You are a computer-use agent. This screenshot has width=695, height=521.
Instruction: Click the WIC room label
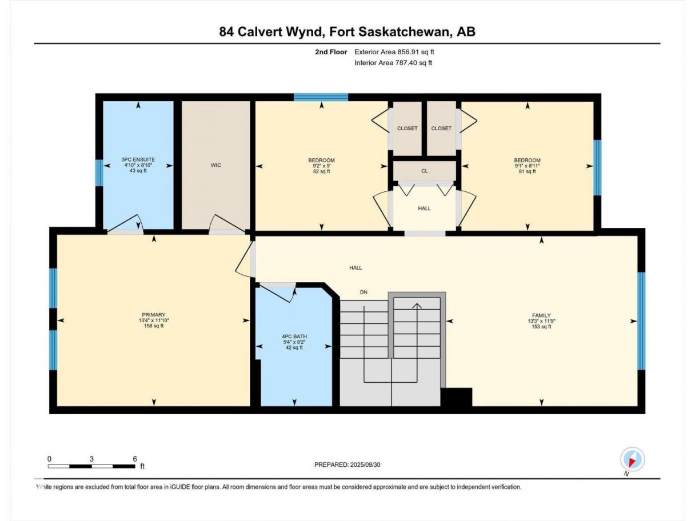point(215,165)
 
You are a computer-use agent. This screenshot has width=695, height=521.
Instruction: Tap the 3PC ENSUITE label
point(138,160)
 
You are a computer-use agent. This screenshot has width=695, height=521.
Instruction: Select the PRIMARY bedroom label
point(154,315)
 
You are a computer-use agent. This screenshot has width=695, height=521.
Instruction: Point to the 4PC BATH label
point(294,336)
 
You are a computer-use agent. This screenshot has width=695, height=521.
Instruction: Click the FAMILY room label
point(541,315)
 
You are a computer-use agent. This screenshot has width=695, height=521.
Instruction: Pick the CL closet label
point(424,171)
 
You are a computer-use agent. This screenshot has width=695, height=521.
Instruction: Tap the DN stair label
point(364,292)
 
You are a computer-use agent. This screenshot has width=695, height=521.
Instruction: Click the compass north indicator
point(632,459)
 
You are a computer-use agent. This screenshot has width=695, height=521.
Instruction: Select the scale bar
point(91,466)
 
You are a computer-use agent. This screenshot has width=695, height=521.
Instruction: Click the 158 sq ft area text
point(154,326)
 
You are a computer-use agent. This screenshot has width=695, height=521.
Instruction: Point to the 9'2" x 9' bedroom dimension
point(321,166)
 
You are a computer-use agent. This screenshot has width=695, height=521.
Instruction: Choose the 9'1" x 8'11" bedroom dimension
point(527,166)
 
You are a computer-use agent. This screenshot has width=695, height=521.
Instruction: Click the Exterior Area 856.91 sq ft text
point(394,52)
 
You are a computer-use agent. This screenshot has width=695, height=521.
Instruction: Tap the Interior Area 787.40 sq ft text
point(393,63)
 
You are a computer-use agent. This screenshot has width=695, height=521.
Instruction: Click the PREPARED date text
point(347,464)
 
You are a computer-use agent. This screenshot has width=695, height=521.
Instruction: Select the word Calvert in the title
point(259,31)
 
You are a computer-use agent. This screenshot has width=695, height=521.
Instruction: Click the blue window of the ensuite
point(99,173)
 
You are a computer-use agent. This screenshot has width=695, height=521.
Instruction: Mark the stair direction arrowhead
point(417,306)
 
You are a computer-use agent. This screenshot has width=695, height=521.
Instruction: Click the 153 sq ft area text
point(541,326)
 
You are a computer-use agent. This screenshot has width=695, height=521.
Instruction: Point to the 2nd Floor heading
point(331,52)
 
